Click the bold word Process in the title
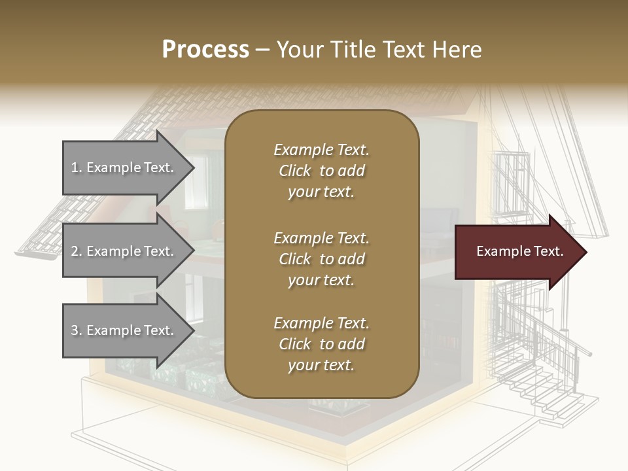(x=205, y=50)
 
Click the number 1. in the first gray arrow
(x=77, y=167)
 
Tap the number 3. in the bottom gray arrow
(x=77, y=330)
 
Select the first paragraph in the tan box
(x=321, y=171)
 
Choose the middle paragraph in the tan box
(x=321, y=258)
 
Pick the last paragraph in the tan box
(x=321, y=344)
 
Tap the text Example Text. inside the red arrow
(x=520, y=251)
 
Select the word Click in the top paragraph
(x=295, y=171)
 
